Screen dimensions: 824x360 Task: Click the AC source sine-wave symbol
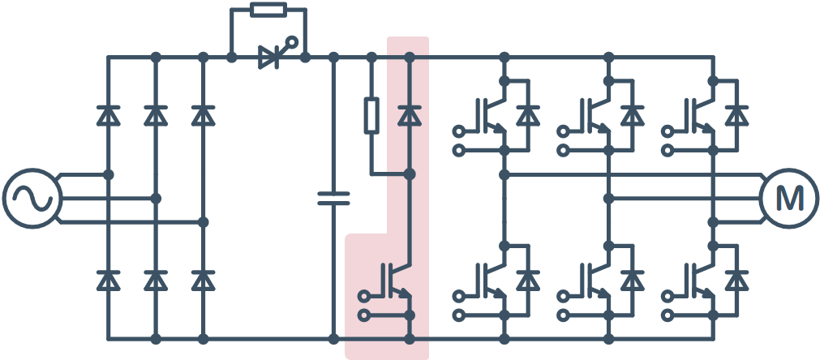pyautogui.click(x=32, y=198)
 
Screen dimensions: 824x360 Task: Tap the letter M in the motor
pyautogui.click(x=789, y=198)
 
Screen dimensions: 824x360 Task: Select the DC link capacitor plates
pyautogui.click(x=333, y=198)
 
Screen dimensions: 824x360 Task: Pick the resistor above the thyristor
pyautogui.click(x=268, y=10)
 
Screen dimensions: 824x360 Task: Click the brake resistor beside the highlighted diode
pyautogui.click(x=371, y=115)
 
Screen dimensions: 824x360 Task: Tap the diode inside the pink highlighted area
pyautogui.click(x=410, y=115)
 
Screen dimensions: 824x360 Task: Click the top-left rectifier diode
pyautogui.click(x=108, y=115)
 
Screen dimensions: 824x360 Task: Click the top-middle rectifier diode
pyautogui.click(x=156, y=115)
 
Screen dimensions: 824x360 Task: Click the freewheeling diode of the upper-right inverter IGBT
pyautogui.click(x=736, y=115)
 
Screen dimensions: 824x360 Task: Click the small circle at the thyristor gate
pyautogui.click(x=292, y=41)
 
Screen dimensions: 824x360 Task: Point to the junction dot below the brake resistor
pyautogui.click(x=410, y=174)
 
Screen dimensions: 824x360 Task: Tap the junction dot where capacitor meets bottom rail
pyautogui.click(x=333, y=339)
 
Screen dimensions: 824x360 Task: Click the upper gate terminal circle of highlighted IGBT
pyautogui.click(x=363, y=297)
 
